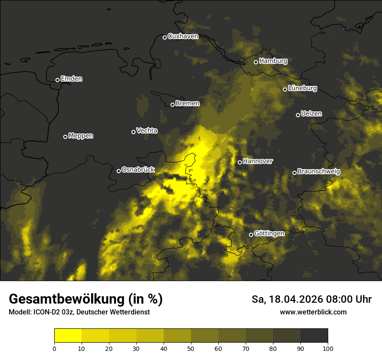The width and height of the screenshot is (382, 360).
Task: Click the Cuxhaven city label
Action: [183, 36]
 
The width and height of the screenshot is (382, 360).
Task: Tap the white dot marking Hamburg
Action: [256, 62]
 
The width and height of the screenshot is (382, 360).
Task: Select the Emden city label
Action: [71, 79]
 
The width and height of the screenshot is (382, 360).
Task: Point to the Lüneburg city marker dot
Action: [285, 89]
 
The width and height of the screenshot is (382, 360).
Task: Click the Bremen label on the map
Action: [188, 104]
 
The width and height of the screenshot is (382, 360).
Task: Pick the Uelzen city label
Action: [311, 114]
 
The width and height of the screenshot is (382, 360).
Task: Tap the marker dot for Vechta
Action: [133, 132]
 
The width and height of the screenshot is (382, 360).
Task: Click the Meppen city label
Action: [81, 136]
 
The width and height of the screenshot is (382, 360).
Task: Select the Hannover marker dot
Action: [240, 162]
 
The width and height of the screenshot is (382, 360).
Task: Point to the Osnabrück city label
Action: [138, 170]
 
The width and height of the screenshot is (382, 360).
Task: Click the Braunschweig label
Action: [319, 172]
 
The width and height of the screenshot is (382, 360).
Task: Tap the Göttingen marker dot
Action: [251, 235]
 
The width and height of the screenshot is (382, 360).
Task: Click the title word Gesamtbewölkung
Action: [66, 299]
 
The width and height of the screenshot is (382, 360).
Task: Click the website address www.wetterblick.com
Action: [313, 312]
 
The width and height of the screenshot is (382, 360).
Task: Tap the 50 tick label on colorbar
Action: [191, 348]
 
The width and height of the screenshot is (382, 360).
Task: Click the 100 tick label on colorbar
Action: [328, 348]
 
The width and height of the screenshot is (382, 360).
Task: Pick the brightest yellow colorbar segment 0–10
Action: [68, 336]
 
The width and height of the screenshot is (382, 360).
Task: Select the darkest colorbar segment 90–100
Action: [314, 336]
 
